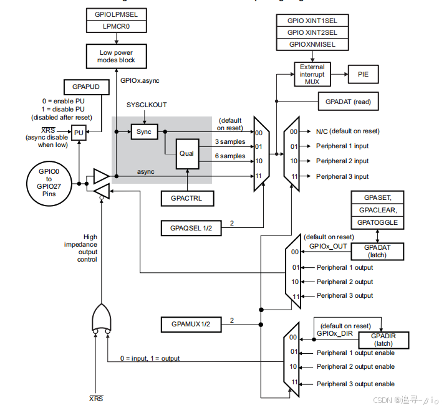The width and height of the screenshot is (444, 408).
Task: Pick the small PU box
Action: coord(79,133)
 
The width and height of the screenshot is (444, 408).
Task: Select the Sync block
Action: coord(143,131)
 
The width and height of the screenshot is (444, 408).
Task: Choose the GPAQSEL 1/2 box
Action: coord(191,227)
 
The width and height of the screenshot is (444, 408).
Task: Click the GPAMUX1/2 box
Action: coord(191,324)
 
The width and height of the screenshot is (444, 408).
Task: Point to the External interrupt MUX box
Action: coord(312,74)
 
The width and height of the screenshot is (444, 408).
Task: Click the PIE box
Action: coord(363,74)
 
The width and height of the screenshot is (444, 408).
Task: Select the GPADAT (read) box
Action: coord(347,101)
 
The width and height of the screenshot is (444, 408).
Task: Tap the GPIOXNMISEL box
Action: coord(312,45)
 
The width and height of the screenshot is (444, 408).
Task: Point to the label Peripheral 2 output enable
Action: coord(355,367)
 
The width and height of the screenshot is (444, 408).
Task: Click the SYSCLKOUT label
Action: coord(147,105)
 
